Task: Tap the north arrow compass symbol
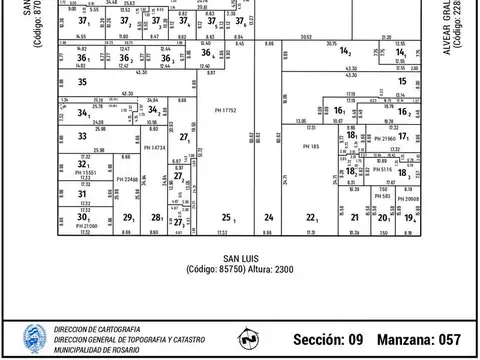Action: [x=248, y=338]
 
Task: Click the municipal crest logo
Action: [x=32, y=338]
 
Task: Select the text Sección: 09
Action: [x=328, y=339]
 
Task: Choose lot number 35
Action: [x=83, y=82]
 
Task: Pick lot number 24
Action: [x=268, y=217]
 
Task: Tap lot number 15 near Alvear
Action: [x=402, y=81]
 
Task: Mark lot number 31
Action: [x=83, y=195]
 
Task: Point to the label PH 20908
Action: [x=410, y=203]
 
